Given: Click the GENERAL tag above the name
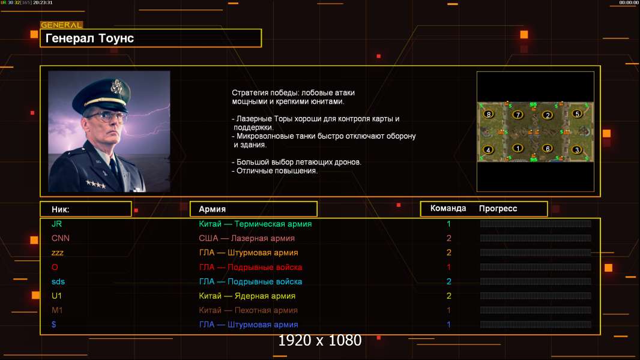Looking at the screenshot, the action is pos(62,25).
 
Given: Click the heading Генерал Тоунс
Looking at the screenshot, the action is pos(89,38).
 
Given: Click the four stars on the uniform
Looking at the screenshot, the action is pos(96,184).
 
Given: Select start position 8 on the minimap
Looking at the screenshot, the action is pos(489,114).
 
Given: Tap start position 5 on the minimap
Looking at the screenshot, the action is pos(577,114).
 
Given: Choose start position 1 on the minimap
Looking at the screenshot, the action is pos(518,148).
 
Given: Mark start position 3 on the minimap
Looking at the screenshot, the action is pos(577,149).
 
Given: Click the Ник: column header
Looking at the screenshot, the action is pos(61,209).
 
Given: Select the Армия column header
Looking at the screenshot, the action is pos(213,209).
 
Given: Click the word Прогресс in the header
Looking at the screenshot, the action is pos(498,209).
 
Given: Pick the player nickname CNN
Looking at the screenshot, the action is pos(61,238).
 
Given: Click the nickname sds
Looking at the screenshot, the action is pos(58,282).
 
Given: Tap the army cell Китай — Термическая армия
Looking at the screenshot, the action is pos(255,224).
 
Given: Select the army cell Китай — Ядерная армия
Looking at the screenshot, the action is pos(247,296).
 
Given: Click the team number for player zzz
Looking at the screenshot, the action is pos(448,253).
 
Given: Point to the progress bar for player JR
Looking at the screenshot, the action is pos(536,223).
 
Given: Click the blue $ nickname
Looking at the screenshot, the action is pos(54,325).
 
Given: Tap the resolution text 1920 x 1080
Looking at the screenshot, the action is pos(320,340).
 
